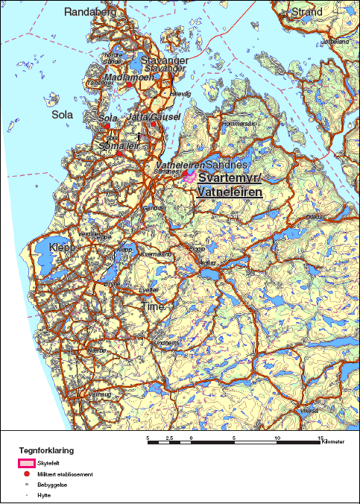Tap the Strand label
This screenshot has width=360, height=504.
click(306, 12)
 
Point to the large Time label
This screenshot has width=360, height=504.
click(152, 306)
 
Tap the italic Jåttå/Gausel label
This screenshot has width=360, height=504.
click(150, 118)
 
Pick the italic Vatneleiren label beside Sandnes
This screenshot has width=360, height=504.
click(179, 165)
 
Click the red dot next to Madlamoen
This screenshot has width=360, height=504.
click(129, 85)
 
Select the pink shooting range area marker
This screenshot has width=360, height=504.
click(189, 175)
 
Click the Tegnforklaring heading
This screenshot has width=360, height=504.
click(46, 451)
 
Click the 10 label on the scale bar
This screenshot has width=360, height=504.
click(277, 438)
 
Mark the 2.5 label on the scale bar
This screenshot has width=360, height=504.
click(169, 438)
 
